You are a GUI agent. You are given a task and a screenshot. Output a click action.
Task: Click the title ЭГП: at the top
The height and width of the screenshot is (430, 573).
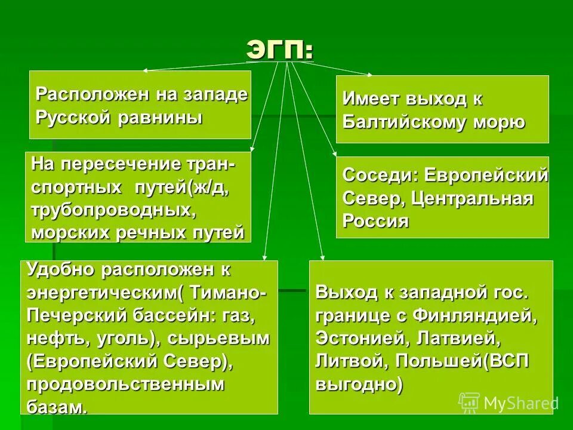click(279, 50)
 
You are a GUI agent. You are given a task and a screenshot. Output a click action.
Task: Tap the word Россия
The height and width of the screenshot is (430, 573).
click(375, 221)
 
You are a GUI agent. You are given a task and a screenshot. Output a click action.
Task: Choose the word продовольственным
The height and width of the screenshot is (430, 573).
click(126, 384)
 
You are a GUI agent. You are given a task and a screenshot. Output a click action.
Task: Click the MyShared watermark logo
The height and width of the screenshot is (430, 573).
click(508, 403)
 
